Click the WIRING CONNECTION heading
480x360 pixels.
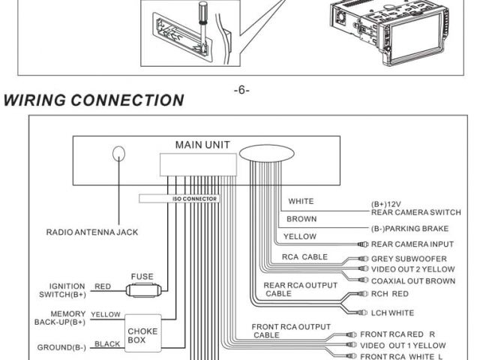pyautogui.click(x=94, y=100)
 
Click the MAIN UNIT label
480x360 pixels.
pyautogui.click(x=202, y=144)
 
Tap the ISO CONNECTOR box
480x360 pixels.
pyautogui.click(x=178, y=199)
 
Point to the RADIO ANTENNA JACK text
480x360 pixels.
pyautogui.click(x=92, y=232)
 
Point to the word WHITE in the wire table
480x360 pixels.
pyautogui.click(x=301, y=201)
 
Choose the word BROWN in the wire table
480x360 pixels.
pyautogui.click(x=301, y=219)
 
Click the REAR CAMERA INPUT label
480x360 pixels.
pyautogui.click(x=412, y=244)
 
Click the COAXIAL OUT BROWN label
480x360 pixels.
pyautogui.click(x=413, y=280)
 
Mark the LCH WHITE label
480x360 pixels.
pyautogui.click(x=392, y=313)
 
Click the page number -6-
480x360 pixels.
pyautogui.click(x=241, y=90)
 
